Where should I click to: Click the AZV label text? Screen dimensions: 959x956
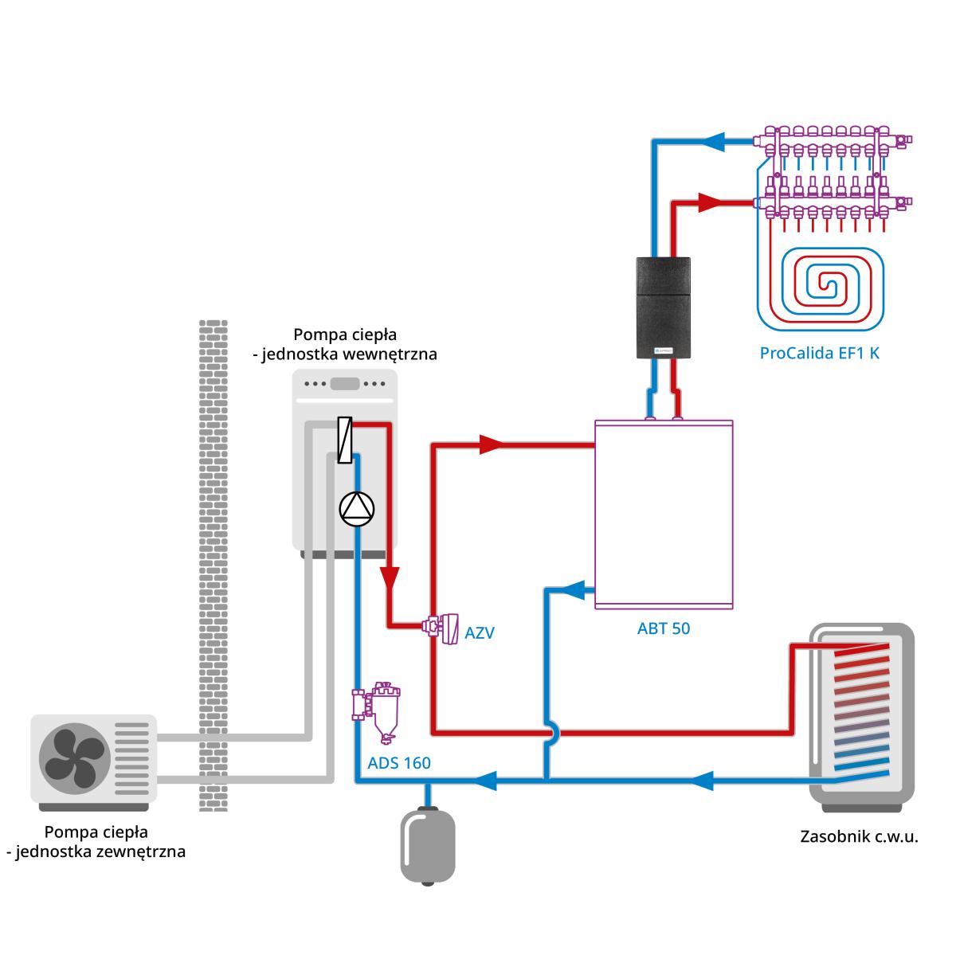click(479, 634)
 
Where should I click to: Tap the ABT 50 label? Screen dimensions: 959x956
click(663, 628)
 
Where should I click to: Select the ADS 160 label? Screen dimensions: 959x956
click(399, 763)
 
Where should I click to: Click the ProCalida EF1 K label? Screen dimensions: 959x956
click(819, 353)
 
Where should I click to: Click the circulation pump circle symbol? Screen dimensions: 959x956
click(356, 509)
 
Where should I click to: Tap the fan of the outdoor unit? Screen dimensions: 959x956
click(75, 757)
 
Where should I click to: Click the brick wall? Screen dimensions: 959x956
click(213, 566)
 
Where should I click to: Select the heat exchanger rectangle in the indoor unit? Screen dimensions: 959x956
click(344, 440)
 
